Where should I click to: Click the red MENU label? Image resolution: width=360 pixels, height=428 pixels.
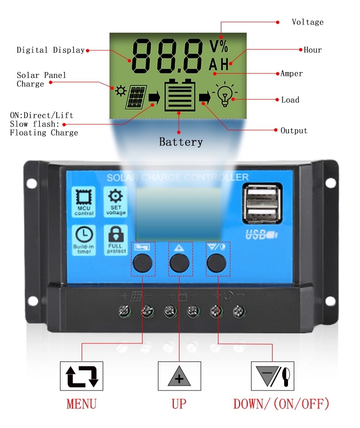coord(81,403)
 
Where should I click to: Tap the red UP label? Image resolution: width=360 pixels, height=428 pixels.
coord(179,403)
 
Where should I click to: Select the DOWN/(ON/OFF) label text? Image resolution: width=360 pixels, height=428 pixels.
coord(281,403)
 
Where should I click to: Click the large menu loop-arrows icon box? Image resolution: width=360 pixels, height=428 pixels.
coord(82,376)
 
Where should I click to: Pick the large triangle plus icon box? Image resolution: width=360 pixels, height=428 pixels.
coord(179,376)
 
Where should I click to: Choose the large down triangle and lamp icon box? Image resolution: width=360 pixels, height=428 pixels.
coord(273,376)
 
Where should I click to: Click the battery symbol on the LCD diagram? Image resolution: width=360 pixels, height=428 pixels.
coord(180,95)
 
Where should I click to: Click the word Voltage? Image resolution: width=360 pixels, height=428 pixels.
coord(308,22)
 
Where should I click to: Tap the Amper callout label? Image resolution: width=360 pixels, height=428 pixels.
coord(292,73)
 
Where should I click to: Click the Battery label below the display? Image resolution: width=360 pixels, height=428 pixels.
coord(180,142)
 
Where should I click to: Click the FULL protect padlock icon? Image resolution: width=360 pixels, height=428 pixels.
coord(115,239)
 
